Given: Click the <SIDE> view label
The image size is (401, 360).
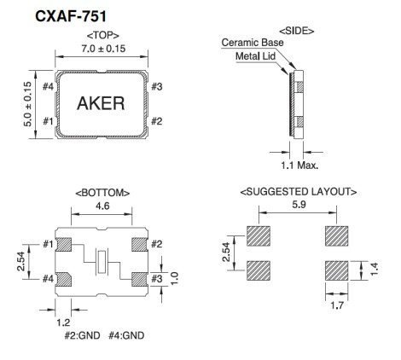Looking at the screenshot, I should [295, 30].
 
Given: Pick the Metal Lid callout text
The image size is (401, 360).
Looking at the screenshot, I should [256, 56].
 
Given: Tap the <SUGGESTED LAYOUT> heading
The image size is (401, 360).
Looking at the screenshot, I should [298, 193].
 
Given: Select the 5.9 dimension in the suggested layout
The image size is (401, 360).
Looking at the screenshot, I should [298, 206].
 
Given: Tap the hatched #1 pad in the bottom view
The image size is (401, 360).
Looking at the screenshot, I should [62, 246].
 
